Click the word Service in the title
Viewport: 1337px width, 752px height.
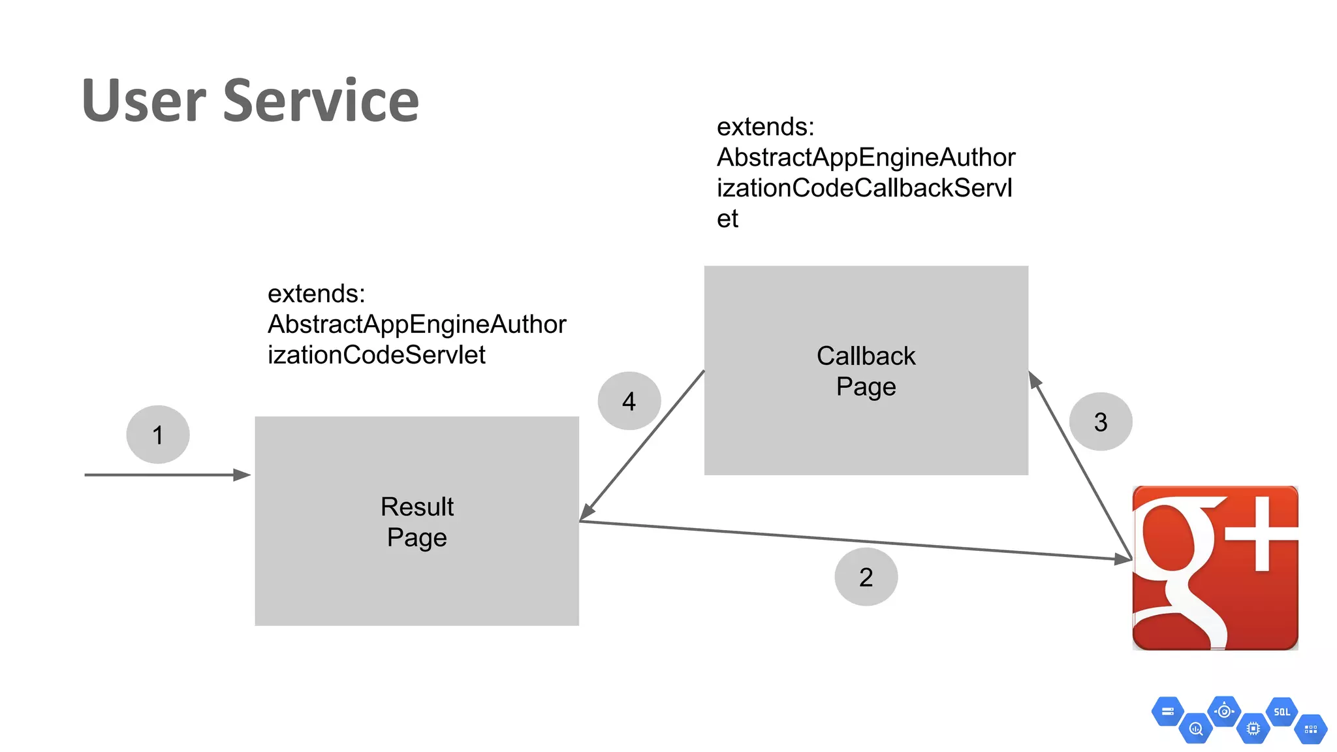click(321, 101)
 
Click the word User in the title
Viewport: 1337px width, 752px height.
click(144, 101)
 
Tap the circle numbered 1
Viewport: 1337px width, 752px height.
click(158, 435)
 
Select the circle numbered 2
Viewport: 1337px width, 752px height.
click(866, 577)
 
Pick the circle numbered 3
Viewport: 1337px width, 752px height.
click(1101, 422)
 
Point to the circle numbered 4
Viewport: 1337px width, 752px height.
click(629, 401)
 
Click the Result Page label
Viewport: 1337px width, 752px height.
click(417, 522)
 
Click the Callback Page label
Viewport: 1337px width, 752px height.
click(866, 371)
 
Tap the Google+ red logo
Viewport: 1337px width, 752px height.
click(1215, 568)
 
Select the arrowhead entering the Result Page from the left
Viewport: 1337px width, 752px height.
click(242, 475)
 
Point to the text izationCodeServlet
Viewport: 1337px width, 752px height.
click(376, 355)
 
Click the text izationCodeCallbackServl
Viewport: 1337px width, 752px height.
click(864, 188)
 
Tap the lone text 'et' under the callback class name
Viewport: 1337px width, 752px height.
click(727, 219)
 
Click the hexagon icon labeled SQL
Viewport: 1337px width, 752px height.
click(1282, 712)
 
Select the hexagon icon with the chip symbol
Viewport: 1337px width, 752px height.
click(1253, 728)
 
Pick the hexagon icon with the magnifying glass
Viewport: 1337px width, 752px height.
click(1196, 728)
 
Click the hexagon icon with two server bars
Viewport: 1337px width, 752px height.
click(1167, 712)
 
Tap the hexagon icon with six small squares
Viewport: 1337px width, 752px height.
click(1310, 729)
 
